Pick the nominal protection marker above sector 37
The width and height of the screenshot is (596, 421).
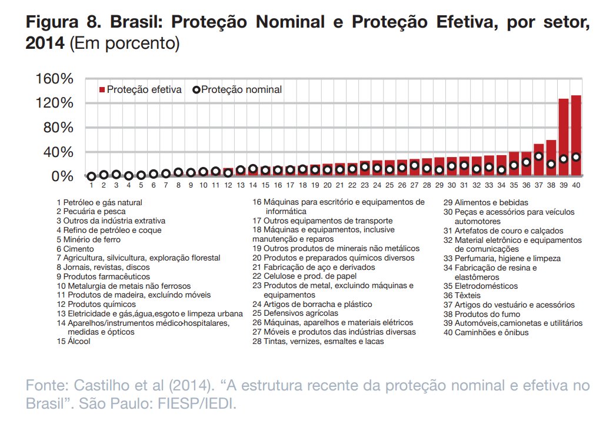[x=538, y=157]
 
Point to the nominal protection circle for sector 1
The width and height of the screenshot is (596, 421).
[x=91, y=176]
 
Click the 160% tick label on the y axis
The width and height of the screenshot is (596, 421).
[x=54, y=79]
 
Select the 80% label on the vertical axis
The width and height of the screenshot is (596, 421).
[x=58, y=128]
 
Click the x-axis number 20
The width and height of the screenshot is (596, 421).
[x=327, y=186]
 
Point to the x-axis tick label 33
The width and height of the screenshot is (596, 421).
[x=488, y=186]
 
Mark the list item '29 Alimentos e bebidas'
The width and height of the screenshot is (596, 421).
[x=486, y=202]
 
